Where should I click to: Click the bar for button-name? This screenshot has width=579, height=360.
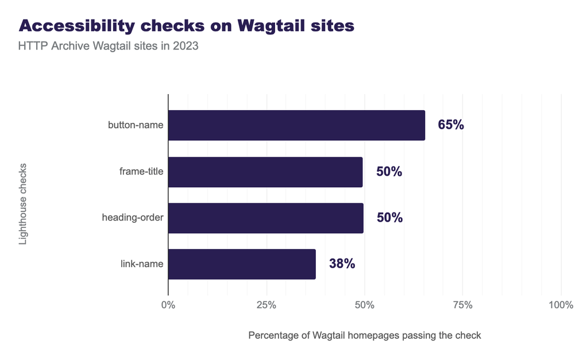[x=296, y=125]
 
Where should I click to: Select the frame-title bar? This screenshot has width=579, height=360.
[x=265, y=172]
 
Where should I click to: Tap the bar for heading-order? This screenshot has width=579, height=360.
[x=265, y=218]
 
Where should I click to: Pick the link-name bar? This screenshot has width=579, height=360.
[x=242, y=264]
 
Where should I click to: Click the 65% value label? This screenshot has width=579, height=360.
[x=450, y=125]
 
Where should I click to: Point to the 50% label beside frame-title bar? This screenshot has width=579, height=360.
[x=389, y=172]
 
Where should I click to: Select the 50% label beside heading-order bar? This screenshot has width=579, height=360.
[x=389, y=218]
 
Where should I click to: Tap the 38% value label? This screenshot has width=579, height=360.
[x=342, y=264]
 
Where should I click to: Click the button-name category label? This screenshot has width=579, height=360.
[x=136, y=125]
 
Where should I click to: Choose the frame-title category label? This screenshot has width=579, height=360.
[x=141, y=172]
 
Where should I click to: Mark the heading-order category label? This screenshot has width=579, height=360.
[x=133, y=218]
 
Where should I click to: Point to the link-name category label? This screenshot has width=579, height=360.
[x=142, y=264]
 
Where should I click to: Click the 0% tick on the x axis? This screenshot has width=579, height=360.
[x=168, y=304]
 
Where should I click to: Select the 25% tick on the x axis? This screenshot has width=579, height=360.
[x=266, y=304]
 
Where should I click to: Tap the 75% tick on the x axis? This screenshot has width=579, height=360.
[x=462, y=304]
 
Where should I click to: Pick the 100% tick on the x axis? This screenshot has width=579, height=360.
[x=561, y=304]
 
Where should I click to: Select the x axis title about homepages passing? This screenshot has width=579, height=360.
[x=364, y=335]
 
